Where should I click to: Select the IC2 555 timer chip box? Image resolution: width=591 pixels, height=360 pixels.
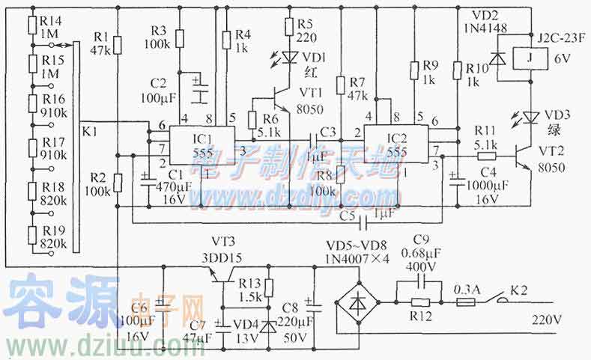coord(396,144)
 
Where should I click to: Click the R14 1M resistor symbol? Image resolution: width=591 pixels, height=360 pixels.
coord(31,25)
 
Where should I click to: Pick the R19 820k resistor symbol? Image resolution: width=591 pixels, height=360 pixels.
coord(31,237)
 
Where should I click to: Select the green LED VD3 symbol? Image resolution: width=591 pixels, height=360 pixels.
coord(530,117)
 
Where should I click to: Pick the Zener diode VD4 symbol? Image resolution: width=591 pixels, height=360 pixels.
coord(269,326)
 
